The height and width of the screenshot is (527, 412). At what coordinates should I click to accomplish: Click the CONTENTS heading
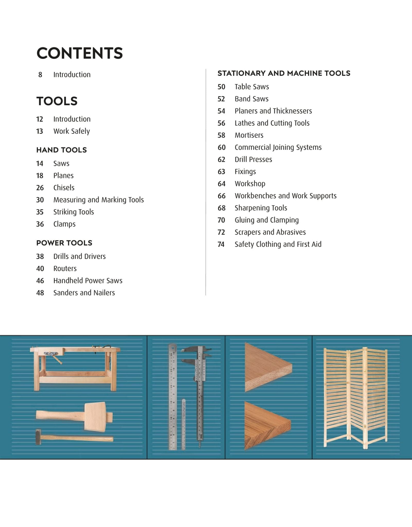pyautogui.click(x=79, y=53)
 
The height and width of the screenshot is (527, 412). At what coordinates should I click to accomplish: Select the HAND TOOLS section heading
pyautogui.click(x=61, y=150)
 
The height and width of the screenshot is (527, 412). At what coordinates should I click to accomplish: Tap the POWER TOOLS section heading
pyautogui.click(x=64, y=243)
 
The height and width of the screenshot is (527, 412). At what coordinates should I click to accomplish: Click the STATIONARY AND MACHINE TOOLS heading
pyautogui.click(x=284, y=73)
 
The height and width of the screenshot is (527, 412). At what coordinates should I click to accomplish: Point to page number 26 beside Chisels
pyautogui.click(x=40, y=188)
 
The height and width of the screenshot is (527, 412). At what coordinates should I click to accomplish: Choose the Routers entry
pyautogui.click(x=65, y=269)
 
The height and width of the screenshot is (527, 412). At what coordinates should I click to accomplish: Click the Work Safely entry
pyautogui.click(x=71, y=131)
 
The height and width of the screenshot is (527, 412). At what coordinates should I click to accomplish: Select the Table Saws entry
pyautogui.click(x=252, y=87)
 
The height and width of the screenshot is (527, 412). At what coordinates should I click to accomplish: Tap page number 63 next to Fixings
pyautogui.click(x=221, y=172)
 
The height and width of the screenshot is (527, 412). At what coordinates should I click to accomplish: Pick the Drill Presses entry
pyautogui.click(x=253, y=160)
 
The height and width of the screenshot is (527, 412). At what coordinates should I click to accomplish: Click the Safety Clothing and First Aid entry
pyautogui.click(x=278, y=244)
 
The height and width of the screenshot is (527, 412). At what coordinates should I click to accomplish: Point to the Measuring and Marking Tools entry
pyautogui.click(x=98, y=200)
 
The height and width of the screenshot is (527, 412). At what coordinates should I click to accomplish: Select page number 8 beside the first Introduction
pyautogui.click(x=40, y=75)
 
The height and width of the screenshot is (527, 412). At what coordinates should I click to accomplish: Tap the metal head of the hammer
pyautogui.click(x=38, y=437)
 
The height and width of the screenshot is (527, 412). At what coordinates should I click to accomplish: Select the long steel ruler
pyautogui.click(x=173, y=396)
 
